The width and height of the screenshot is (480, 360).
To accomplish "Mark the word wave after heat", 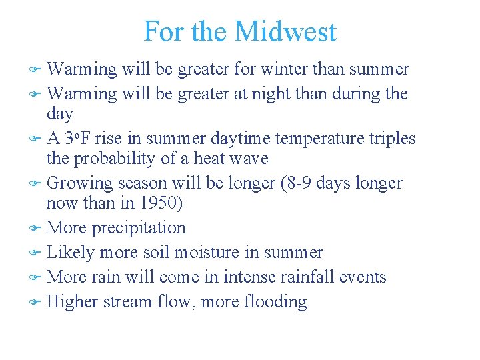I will point(248,159).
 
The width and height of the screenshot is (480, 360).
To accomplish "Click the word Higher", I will point(74,302).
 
